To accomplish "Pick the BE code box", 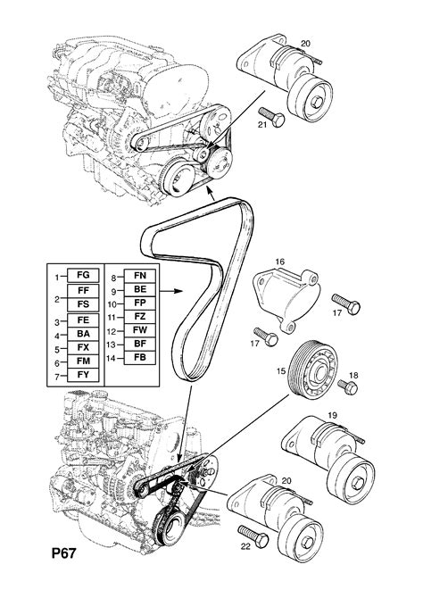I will pos(139,291).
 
